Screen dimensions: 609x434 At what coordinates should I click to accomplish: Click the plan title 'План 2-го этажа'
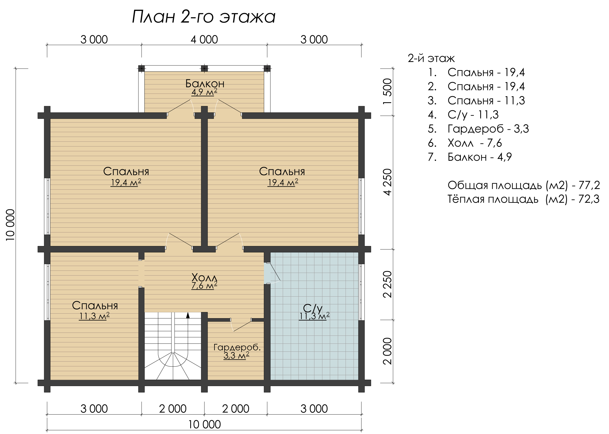(x=204, y=17)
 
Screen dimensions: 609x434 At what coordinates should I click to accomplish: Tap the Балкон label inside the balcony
(x=205, y=84)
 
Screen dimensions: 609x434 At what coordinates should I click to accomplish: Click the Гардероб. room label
(x=237, y=347)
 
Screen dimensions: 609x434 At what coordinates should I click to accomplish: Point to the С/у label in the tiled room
(x=313, y=308)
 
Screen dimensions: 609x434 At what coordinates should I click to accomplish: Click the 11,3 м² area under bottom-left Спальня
(x=94, y=316)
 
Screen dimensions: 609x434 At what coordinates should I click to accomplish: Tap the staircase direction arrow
(x=188, y=315)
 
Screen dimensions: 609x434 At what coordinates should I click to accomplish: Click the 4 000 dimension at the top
(x=204, y=40)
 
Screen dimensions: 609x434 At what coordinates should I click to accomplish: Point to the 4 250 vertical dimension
(x=387, y=182)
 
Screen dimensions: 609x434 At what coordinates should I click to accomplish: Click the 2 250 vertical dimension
(x=387, y=284)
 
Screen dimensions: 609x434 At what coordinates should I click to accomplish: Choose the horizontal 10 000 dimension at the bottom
(x=205, y=424)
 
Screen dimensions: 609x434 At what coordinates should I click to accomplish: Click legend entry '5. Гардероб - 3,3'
(x=478, y=129)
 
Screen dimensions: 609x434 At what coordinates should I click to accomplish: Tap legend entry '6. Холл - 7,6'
(x=465, y=143)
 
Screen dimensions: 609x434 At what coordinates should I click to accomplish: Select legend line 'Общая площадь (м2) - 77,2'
(x=524, y=185)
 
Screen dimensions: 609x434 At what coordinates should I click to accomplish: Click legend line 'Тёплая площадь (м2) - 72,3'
(x=524, y=199)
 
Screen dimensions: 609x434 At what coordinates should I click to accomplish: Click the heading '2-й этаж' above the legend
(x=431, y=58)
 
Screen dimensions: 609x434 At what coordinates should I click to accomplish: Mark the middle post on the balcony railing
(x=204, y=68)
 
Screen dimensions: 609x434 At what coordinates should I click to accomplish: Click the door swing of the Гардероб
(x=241, y=325)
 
